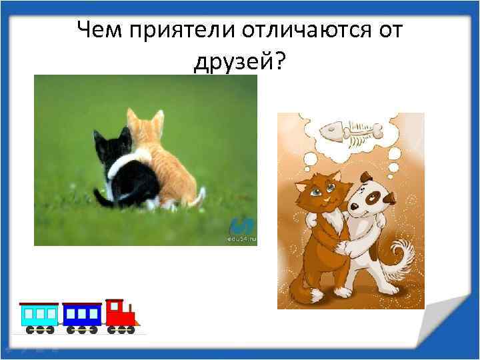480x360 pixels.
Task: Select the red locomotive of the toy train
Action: (121, 314)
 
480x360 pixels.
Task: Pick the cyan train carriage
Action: (39, 315)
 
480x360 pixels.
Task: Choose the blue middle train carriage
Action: (81, 315)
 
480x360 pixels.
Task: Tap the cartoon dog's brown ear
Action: (387, 196)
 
